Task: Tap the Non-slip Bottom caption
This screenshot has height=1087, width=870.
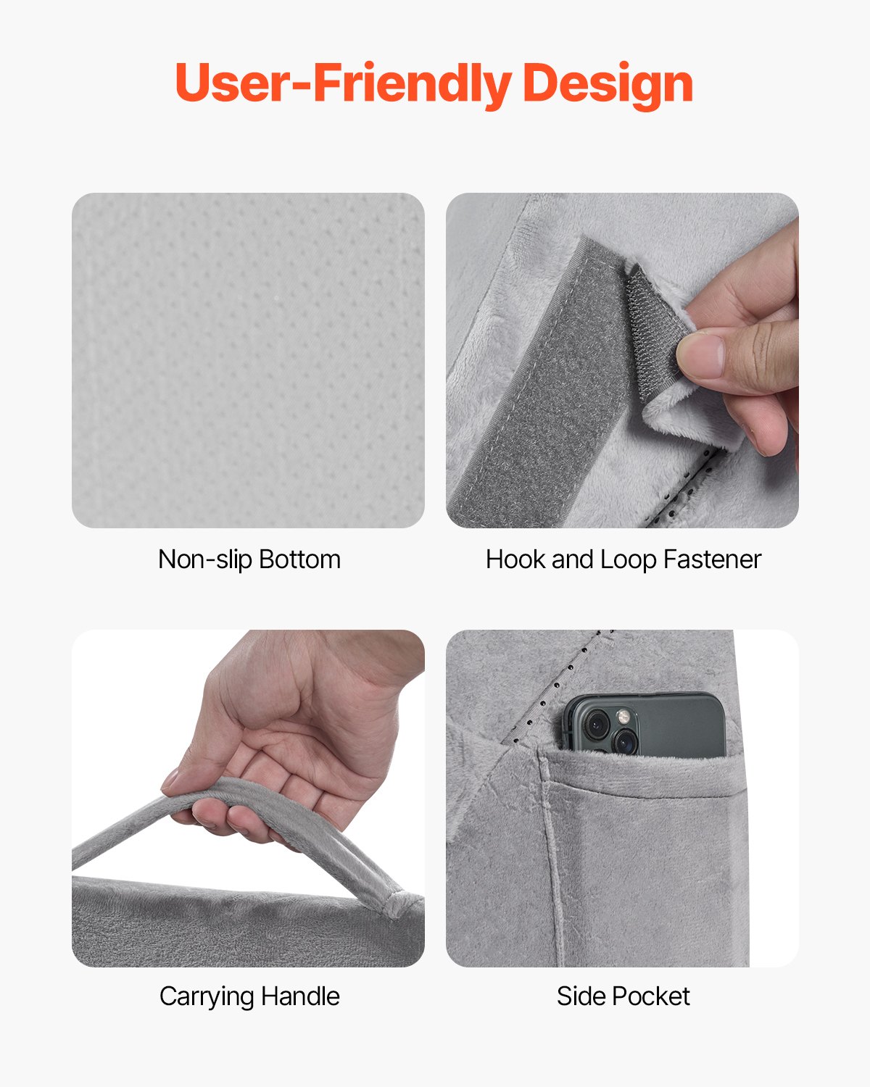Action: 249,559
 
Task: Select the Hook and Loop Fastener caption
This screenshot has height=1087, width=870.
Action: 623,559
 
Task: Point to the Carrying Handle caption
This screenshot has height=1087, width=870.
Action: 249,996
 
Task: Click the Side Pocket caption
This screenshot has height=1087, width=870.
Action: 623,996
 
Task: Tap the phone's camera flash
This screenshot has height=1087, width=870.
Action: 623,717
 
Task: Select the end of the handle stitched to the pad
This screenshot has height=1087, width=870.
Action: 395,902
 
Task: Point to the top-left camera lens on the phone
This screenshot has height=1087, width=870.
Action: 597,722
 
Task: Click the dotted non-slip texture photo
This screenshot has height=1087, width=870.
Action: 248,360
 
